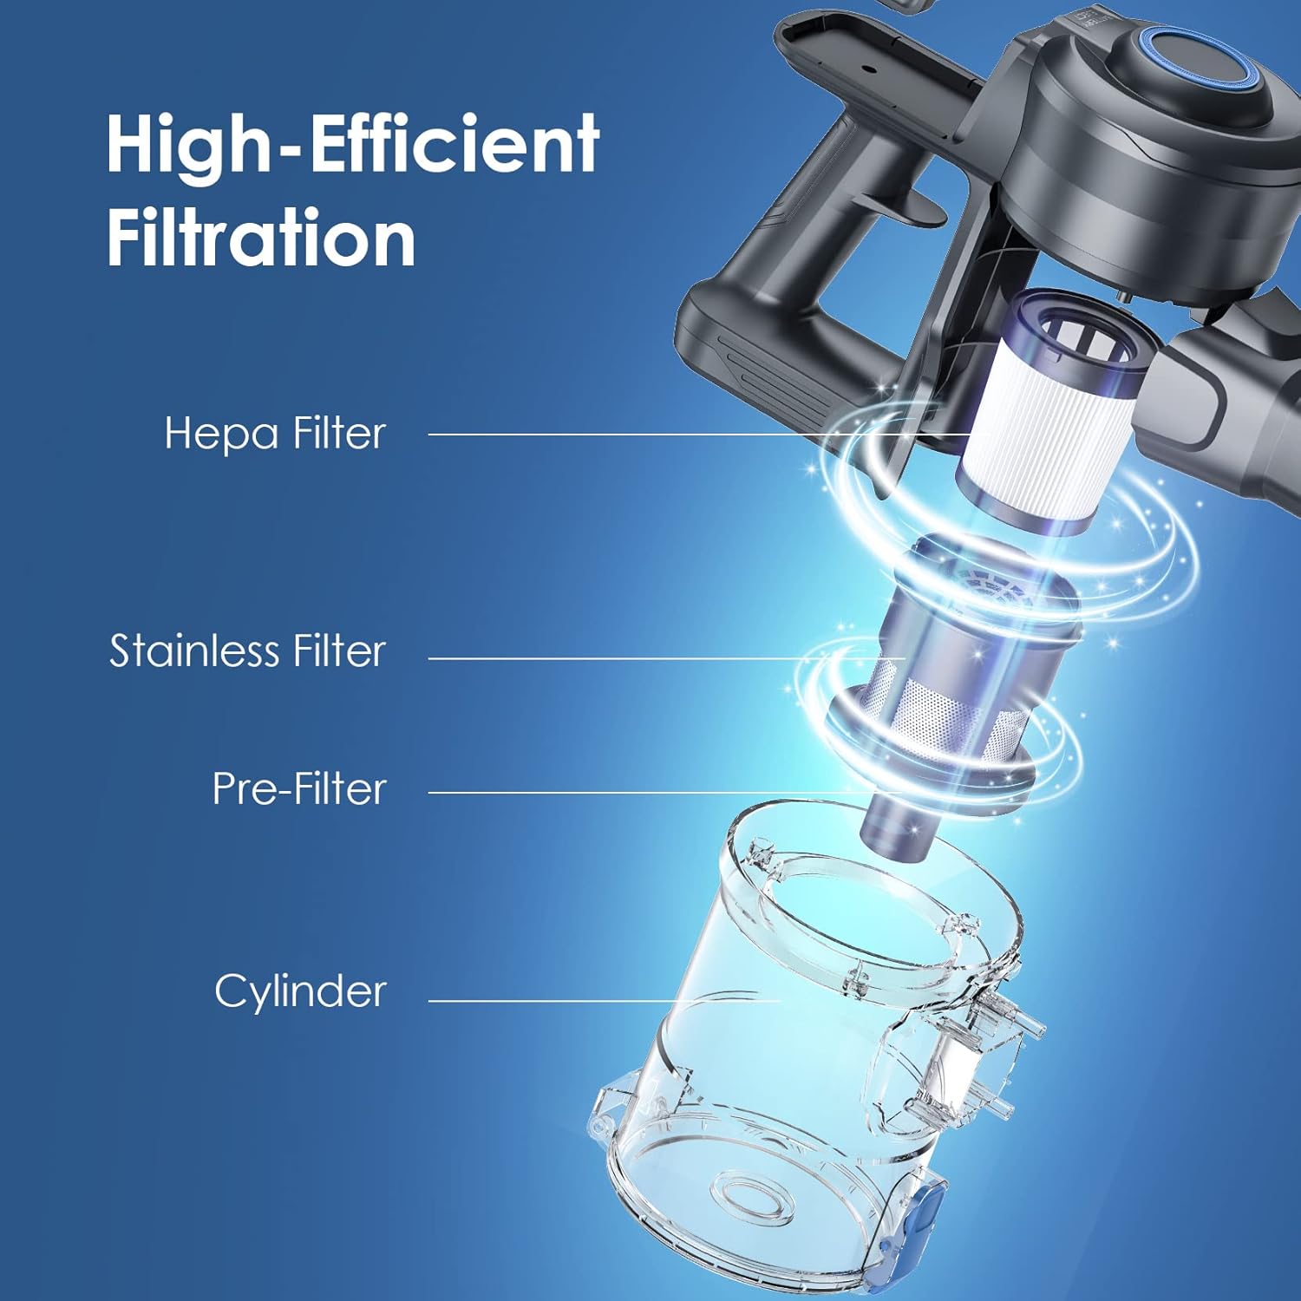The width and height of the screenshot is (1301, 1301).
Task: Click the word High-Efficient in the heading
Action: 352,144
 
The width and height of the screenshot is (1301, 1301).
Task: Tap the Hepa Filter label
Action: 275,433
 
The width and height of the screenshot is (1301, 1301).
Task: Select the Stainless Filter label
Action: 247,650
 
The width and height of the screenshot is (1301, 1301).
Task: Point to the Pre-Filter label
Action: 299,788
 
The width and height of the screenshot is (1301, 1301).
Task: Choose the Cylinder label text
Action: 300,991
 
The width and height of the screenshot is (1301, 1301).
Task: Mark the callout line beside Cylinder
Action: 604,1000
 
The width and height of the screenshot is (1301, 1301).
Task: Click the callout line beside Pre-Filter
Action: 665,792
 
